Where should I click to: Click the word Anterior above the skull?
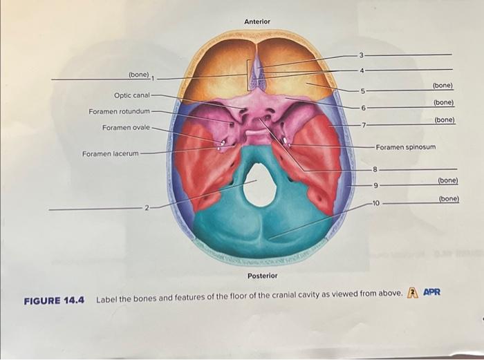[257, 22]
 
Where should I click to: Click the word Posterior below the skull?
[262, 276]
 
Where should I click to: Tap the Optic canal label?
[131, 95]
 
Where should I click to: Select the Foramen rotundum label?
[119, 111]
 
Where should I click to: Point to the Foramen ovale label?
[125, 128]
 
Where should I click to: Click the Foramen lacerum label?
[110, 153]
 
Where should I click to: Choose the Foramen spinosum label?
[411, 147]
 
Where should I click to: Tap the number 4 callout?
[361, 70]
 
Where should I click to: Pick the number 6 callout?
[362, 108]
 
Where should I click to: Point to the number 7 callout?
[362, 124]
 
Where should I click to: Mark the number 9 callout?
[375, 185]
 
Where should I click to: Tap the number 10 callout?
[375, 203]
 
